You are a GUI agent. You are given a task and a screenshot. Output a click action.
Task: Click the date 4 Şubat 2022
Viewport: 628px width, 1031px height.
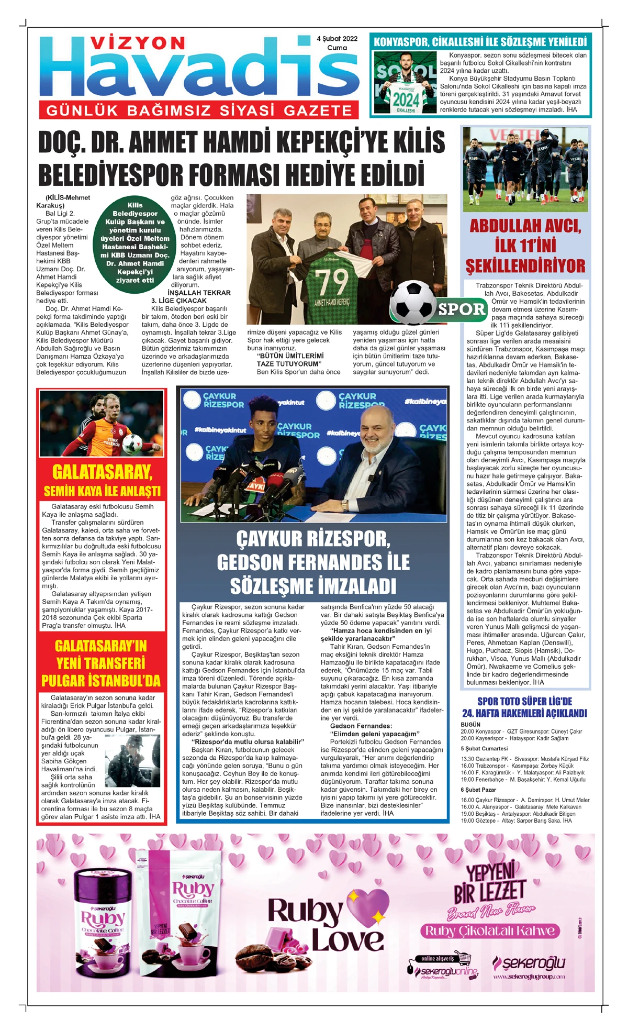(337, 39)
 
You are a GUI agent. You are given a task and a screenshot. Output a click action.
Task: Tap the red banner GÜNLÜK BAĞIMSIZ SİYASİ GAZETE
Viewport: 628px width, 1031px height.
(199, 110)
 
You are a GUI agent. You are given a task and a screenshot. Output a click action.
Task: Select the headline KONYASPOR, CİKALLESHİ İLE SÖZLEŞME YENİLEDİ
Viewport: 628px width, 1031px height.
(480, 42)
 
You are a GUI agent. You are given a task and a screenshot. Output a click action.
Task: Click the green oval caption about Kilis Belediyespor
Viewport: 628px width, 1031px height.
(135, 242)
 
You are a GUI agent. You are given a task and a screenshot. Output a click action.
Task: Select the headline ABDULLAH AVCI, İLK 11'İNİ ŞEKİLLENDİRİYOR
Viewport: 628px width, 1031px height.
(525, 246)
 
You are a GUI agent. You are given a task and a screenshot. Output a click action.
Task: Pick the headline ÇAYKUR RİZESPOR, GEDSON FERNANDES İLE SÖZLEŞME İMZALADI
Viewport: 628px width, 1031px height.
(313, 562)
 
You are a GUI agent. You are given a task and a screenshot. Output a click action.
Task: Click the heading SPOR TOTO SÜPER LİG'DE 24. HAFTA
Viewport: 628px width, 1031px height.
(524, 707)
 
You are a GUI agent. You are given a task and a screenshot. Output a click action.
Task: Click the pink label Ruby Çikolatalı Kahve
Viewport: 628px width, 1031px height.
(490, 930)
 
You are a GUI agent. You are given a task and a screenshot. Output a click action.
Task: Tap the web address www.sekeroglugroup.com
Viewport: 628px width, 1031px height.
(529, 976)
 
